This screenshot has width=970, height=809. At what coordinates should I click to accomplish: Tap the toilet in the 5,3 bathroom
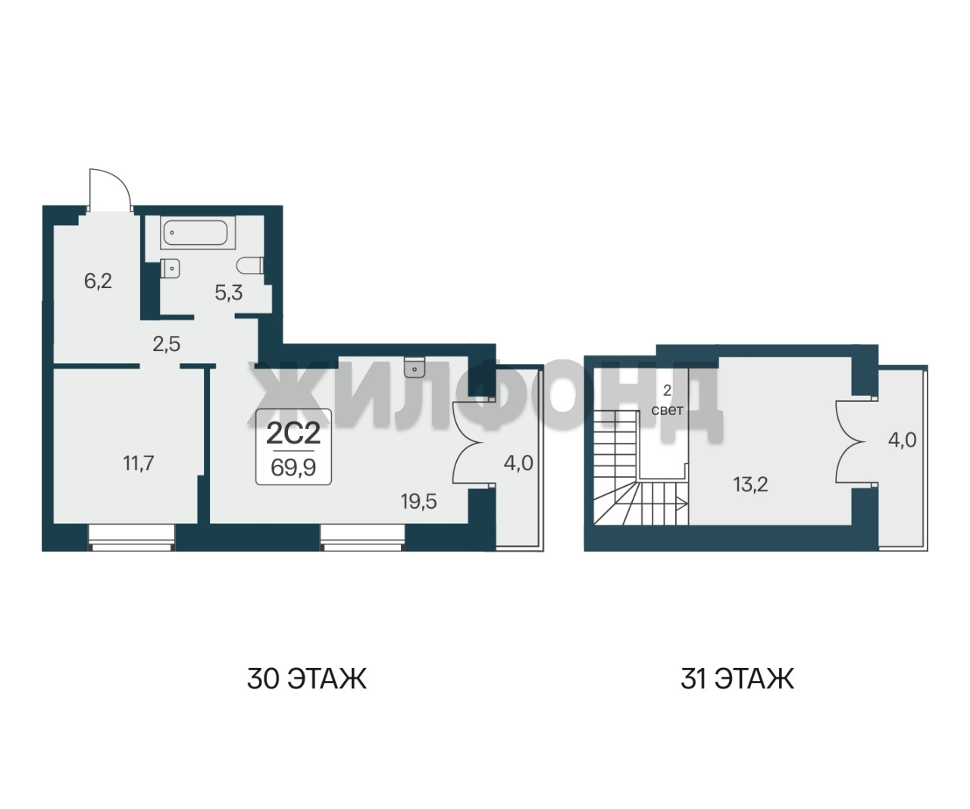click(x=250, y=265)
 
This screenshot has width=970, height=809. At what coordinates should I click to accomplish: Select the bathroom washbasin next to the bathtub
click(x=170, y=268)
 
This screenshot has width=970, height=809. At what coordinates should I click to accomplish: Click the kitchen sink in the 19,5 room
click(x=415, y=366)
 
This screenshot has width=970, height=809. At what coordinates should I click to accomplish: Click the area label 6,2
click(x=98, y=281)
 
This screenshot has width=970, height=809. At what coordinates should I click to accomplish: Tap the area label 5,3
click(x=229, y=293)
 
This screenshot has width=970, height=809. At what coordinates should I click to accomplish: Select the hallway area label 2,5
click(x=166, y=344)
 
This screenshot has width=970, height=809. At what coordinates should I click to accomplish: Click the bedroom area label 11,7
click(x=139, y=463)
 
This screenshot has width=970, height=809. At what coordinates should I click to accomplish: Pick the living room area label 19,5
click(x=418, y=502)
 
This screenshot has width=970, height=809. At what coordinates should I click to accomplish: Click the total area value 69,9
click(x=293, y=468)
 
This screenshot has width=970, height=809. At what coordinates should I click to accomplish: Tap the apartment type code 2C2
click(x=293, y=434)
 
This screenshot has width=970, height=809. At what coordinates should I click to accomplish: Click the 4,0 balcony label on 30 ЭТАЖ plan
click(x=518, y=463)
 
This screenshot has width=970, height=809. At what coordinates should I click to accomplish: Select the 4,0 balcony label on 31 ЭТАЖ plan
click(x=902, y=440)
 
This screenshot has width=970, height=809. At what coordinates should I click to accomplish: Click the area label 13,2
click(x=751, y=484)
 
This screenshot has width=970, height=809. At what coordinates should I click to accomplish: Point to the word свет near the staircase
click(x=667, y=410)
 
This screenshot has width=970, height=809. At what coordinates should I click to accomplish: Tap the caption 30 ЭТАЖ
click(x=307, y=679)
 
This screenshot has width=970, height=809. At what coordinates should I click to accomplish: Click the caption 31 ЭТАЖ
click(x=737, y=679)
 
